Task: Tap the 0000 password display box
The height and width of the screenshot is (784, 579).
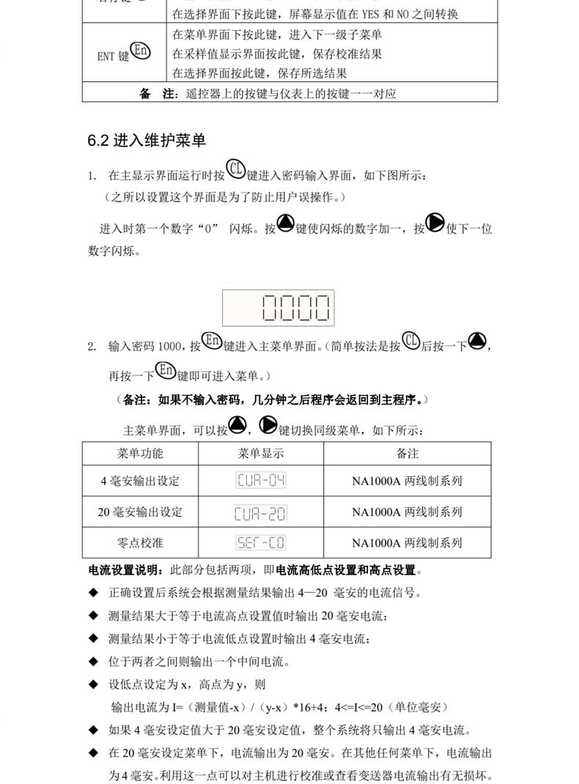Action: pyautogui.click(x=279, y=308)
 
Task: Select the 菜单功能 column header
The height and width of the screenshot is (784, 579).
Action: pyautogui.click(x=140, y=454)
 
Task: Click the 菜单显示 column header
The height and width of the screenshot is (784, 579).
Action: pyautogui.click(x=261, y=454)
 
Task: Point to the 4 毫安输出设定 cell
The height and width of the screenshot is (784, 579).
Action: pyautogui.click(x=140, y=481)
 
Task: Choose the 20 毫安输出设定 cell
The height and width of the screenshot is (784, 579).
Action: pyautogui.click(x=140, y=511)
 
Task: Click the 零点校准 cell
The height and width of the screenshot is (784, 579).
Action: pyautogui.click(x=140, y=543)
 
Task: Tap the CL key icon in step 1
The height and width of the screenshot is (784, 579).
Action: pyautogui.click(x=236, y=169)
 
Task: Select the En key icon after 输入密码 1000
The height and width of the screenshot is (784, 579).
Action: pyautogui.click(x=212, y=341)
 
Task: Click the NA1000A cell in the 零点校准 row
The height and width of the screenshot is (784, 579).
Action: pyautogui.click(x=407, y=543)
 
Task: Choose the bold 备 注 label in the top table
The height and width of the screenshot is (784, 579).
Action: pyautogui.click(x=158, y=94)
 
